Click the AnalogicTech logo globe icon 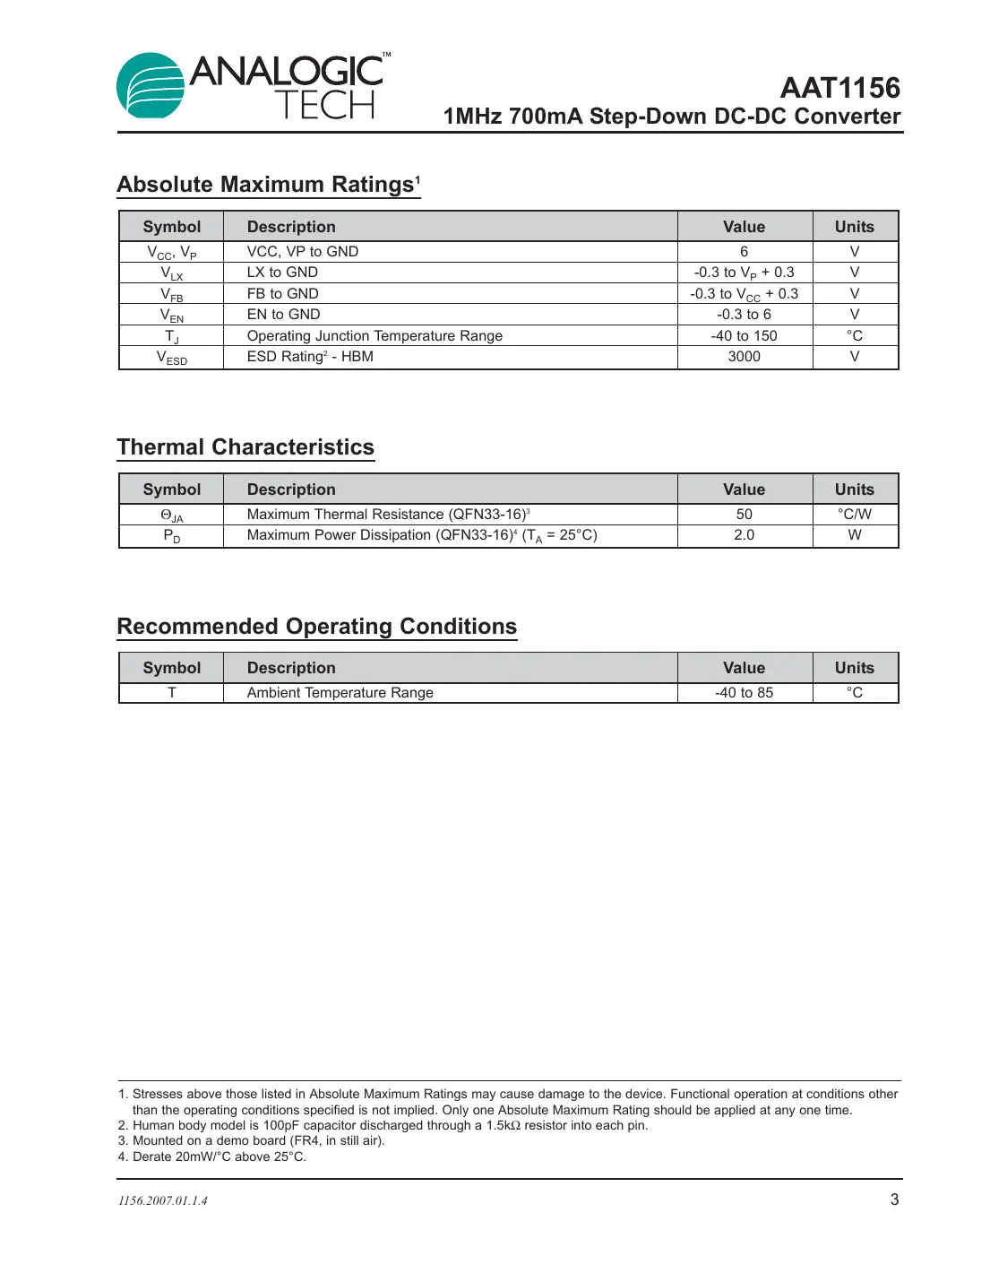pyautogui.click(x=151, y=86)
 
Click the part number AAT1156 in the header pyautogui.click(x=839, y=88)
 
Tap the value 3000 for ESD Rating pyautogui.click(x=744, y=357)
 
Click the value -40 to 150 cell pyautogui.click(x=744, y=336)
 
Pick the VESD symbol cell pyautogui.click(x=171, y=358)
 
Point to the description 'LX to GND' pyautogui.click(x=282, y=273)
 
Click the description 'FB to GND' pyautogui.click(x=282, y=294)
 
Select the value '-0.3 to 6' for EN pyautogui.click(x=744, y=315)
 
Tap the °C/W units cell pyautogui.click(x=854, y=515)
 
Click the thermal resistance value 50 pyautogui.click(x=744, y=515)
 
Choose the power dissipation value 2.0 pyautogui.click(x=744, y=535)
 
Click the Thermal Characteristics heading pyautogui.click(x=245, y=447)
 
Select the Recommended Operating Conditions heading pyautogui.click(x=316, y=627)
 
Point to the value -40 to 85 pyautogui.click(x=744, y=693)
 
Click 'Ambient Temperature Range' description pyautogui.click(x=340, y=693)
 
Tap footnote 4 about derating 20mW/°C pyautogui.click(x=212, y=1157)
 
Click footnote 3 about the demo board pyautogui.click(x=252, y=1141)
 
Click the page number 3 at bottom pyautogui.click(x=893, y=1200)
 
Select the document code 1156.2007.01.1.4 pyautogui.click(x=163, y=1201)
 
